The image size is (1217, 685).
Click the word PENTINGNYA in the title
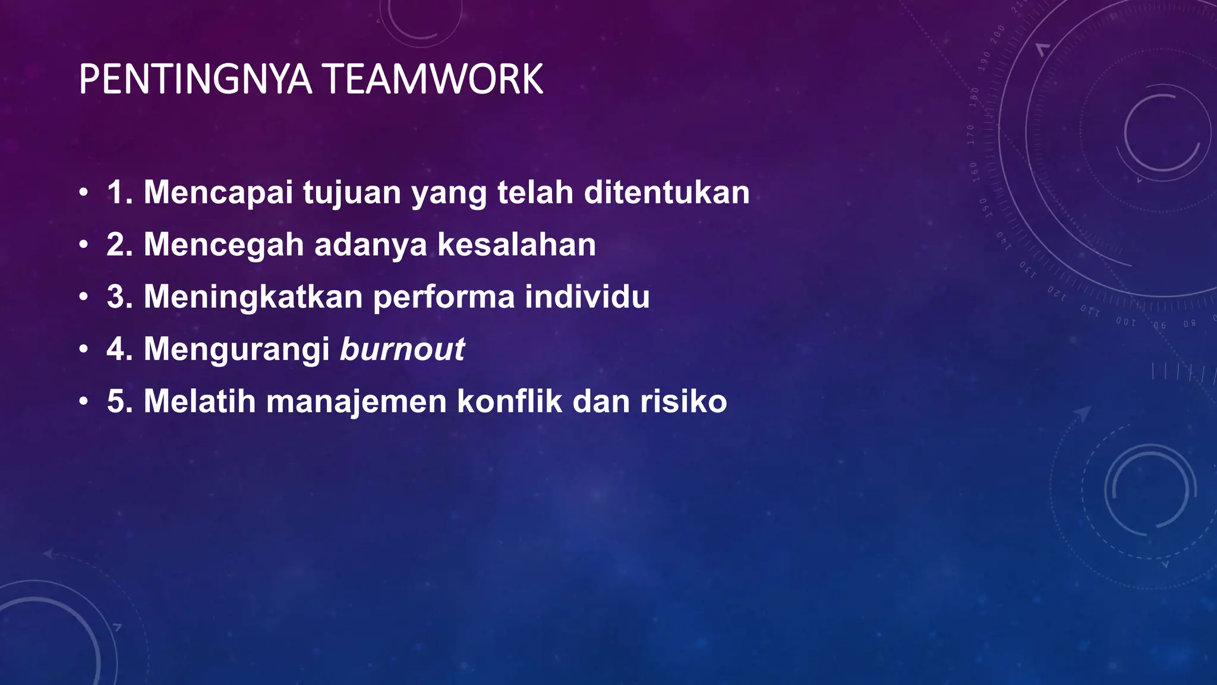click(x=195, y=80)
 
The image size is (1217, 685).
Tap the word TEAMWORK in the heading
click(x=434, y=80)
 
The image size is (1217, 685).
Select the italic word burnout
click(x=402, y=349)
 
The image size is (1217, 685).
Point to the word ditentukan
click(x=667, y=193)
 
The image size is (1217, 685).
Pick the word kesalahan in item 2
click(x=516, y=244)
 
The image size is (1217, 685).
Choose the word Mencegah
click(x=223, y=244)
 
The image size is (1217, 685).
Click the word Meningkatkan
click(x=253, y=297)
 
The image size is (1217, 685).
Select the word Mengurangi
click(x=237, y=349)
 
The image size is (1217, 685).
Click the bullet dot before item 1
click(x=84, y=193)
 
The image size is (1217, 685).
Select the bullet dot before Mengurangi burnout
click(x=84, y=349)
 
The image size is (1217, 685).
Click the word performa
click(x=443, y=297)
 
